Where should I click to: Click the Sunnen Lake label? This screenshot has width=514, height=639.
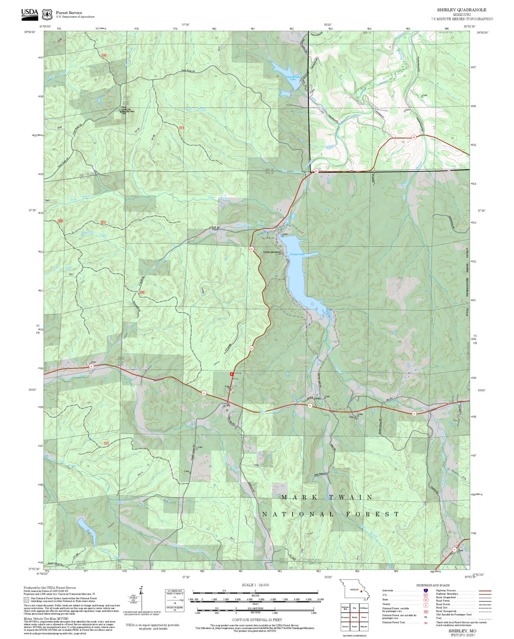tap(297, 254)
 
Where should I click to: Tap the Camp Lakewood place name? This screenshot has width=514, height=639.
tap(271, 252)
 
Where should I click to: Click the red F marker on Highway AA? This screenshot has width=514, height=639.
tap(232, 374)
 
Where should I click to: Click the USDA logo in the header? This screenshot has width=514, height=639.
tap(29, 14)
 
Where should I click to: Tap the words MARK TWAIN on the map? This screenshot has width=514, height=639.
tap(327, 497)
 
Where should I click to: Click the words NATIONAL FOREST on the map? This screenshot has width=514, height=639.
tap(331, 514)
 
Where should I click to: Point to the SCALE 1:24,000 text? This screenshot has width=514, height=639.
tap(255, 585)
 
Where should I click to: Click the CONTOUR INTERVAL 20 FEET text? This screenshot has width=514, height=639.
tap(257, 620)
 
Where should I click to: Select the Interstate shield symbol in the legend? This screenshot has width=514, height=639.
tap(426, 591)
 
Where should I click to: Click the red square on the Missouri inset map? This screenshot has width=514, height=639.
tap(361, 591)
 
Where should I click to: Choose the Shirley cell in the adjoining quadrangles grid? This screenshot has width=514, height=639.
tap(354, 617)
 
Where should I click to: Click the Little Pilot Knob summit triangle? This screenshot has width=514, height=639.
tap(120, 111)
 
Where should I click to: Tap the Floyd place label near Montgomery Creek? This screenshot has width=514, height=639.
tap(215, 230)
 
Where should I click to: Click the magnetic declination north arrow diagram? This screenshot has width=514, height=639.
tap(141, 598)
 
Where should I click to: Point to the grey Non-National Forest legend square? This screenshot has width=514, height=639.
tap(26, 600)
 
